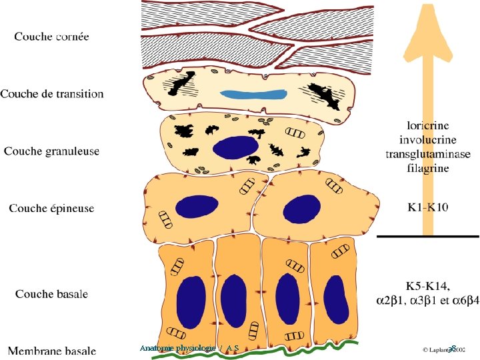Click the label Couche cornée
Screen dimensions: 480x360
tap(51, 36)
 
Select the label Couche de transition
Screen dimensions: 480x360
tap(52, 93)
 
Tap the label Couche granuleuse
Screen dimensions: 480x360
tap(51, 151)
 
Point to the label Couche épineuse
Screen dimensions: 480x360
tap(51, 209)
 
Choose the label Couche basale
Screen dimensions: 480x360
tap(51, 294)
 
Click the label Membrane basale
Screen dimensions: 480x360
tap(51, 350)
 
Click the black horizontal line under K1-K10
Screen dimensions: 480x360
tap(427, 236)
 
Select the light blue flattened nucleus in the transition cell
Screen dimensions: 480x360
tap(251, 95)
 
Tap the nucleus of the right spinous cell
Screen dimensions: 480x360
tap(300, 207)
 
